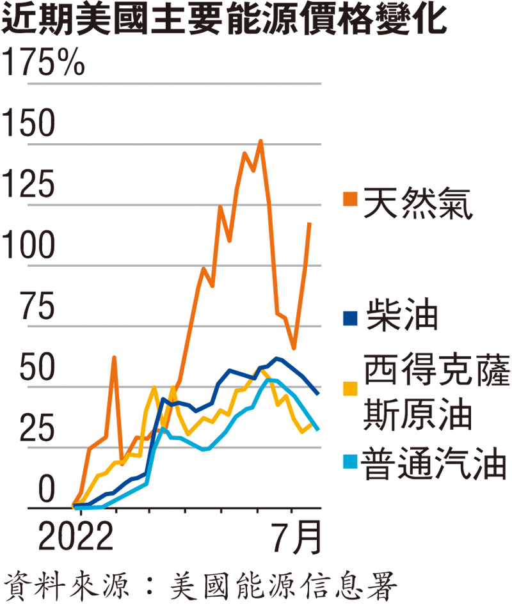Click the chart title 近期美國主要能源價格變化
(224, 21)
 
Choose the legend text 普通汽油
(435, 465)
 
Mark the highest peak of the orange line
(260, 141)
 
